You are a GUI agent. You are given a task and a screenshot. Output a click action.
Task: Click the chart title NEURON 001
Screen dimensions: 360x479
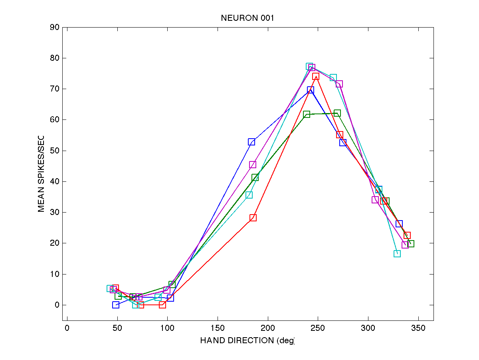[x=247, y=18]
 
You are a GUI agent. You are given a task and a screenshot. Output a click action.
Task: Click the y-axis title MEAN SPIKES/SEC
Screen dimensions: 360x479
[x=41, y=174]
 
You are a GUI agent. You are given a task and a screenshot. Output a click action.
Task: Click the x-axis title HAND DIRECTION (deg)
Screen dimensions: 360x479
[x=247, y=340]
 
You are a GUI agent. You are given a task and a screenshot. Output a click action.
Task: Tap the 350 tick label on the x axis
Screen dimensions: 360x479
[x=418, y=328]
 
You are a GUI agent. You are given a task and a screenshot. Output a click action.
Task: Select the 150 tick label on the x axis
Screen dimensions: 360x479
[x=218, y=328]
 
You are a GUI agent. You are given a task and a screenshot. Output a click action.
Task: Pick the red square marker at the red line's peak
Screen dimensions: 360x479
[x=316, y=76]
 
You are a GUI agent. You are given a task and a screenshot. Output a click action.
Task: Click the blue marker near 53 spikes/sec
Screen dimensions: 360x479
[x=251, y=142]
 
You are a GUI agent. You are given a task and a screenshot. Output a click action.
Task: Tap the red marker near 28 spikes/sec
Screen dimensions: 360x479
[x=253, y=218]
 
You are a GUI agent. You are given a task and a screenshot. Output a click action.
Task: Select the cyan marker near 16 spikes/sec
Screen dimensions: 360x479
[x=397, y=254]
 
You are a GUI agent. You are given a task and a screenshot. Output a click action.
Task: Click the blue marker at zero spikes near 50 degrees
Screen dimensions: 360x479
[x=116, y=305]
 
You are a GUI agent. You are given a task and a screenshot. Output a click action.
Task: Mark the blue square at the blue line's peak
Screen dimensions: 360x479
[x=311, y=90]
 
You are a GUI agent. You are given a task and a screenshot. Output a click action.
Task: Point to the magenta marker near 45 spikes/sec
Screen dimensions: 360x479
[x=253, y=165]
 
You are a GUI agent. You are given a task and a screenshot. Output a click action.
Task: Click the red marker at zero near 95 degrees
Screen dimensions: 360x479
[x=162, y=305]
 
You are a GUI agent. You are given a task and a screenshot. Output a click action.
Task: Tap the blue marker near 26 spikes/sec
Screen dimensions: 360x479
[x=399, y=224]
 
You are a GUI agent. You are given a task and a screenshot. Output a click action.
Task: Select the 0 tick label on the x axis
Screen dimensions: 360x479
[x=67, y=328]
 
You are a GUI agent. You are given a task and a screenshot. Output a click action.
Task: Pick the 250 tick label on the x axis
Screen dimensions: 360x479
[x=318, y=328]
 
